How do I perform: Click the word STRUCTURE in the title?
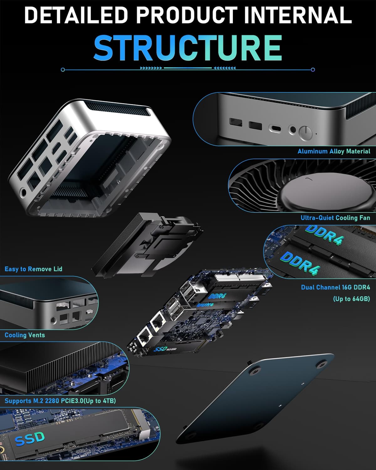click(188, 48)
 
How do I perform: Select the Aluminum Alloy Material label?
click(334, 151)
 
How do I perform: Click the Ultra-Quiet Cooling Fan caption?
click(335, 218)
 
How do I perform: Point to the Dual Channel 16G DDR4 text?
click(336, 287)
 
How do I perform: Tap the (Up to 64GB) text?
click(352, 299)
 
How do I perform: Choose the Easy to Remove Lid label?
click(34, 269)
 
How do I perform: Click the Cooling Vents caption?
click(25, 335)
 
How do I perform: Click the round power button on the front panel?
click(305, 133)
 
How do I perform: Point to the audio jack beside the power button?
click(293, 130)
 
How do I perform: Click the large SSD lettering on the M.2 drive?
click(30, 439)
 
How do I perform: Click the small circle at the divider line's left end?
click(63, 70)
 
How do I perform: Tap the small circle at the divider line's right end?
click(313, 70)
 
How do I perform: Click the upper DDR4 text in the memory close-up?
click(324, 235)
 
